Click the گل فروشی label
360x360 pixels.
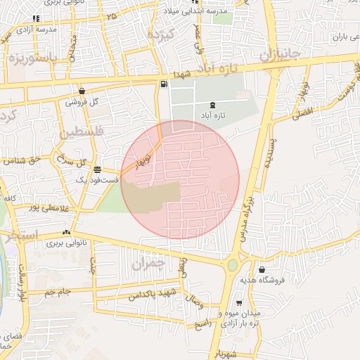point(82,101)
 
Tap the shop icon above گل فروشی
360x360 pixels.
point(82,91)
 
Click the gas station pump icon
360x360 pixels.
point(164,85)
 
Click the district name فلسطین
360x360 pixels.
point(82,131)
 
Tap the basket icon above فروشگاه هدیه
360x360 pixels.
point(262,270)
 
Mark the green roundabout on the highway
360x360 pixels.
point(232,266)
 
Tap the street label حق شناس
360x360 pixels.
point(21,161)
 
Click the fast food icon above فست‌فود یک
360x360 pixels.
point(96,169)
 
